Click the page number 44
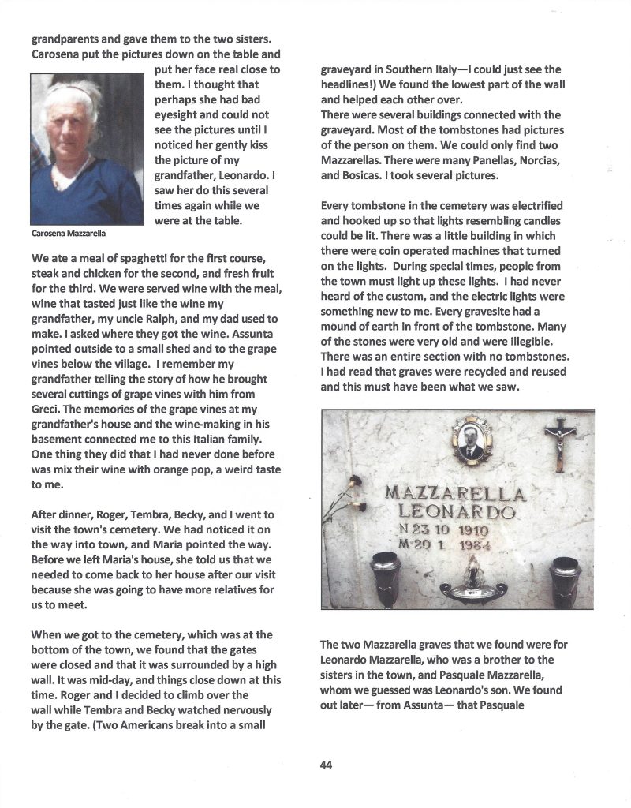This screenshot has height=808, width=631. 326,764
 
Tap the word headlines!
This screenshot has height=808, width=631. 353,84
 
